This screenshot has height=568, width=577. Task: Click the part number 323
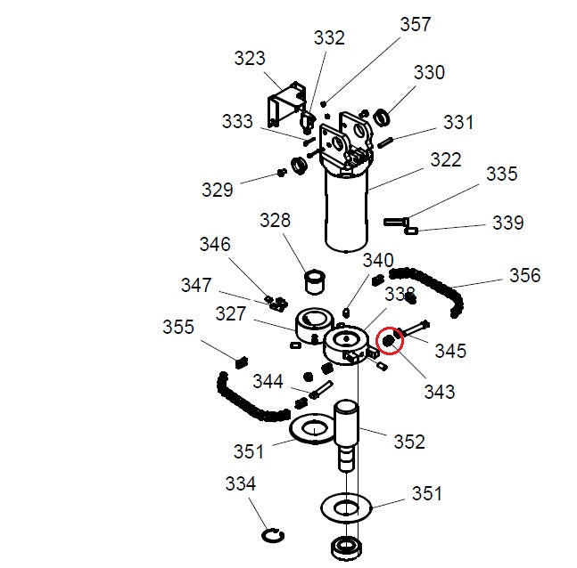coord(250,58)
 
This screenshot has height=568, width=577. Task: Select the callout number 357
coord(415,24)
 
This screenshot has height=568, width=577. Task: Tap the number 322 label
coord(446,159)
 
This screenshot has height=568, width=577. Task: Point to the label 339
coord(508,223)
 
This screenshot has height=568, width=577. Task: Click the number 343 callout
coord(439,391)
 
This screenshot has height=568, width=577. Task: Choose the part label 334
coord(240,483)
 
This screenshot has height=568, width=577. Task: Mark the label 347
coord(196,285)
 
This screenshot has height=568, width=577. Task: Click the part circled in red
coord(388,339)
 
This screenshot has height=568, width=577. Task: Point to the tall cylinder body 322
coord(347,209)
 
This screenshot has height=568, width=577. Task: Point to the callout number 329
coord(217,190)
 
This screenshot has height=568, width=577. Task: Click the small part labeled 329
coord(282,172)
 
